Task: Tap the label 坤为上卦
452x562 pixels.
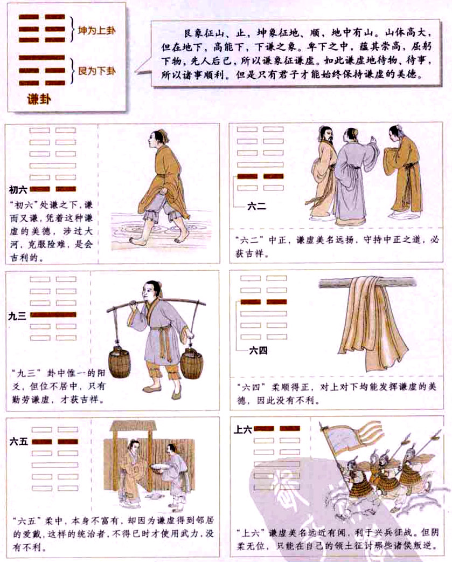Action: [x=97, y=31]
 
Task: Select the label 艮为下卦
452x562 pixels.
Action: [x=97, y=71]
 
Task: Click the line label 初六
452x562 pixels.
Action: [x=18, y=189]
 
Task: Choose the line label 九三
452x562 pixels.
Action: [x=18, y=316]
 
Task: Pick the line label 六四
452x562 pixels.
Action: [x=258, y=351]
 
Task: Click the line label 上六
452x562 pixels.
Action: [x=242, y=430]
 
